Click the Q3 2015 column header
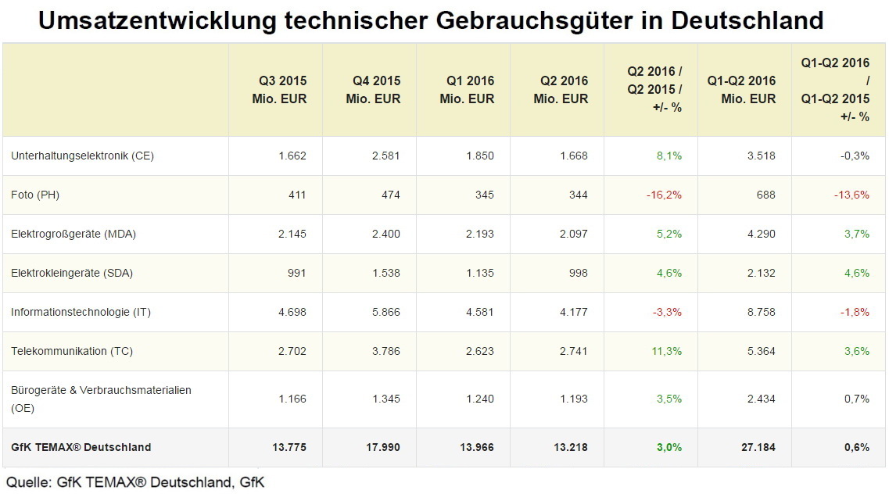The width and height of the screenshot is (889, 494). (x=282, y=89)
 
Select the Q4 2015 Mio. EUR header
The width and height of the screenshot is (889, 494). (x=376, y=89)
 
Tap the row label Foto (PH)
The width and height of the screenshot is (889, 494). (x=35, y=195)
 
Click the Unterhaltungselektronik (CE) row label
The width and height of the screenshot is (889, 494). (x=82, y=156)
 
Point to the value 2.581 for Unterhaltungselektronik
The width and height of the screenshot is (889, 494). (x=385, y=156)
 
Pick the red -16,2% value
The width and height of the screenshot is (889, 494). (x=664, y=195)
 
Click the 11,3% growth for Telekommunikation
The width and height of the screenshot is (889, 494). (x=666, y=351)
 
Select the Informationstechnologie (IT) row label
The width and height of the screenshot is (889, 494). (x=81, y=312)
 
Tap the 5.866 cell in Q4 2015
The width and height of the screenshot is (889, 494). (x=385, y=312)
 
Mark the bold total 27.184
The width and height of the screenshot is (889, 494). (x=758, y=447)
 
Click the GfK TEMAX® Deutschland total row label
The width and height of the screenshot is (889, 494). (x=81, y=447)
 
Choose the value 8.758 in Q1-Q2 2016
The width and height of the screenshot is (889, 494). (x=761, y=312)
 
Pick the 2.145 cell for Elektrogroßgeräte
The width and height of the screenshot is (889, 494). (x=292, y=234)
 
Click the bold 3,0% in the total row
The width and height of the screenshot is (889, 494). (x=669, y=447)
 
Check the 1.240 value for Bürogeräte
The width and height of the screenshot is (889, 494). (x=479, y=399)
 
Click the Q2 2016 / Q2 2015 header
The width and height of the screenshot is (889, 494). (x=654, y=89)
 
